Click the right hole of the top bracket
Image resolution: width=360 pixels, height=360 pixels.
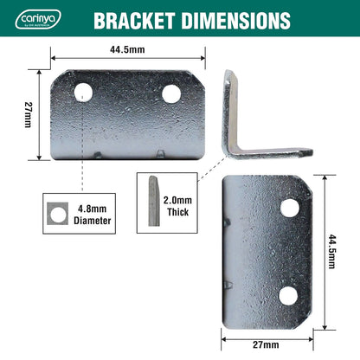[x=171, y=93]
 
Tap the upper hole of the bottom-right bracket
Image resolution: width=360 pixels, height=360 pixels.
[x=289, y=208]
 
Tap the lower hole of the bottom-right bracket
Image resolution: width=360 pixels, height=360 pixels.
[x=288, y=295]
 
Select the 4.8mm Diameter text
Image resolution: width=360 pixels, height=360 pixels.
[x=93, y=214]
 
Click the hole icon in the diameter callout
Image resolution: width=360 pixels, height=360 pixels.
[x=55, y=214]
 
